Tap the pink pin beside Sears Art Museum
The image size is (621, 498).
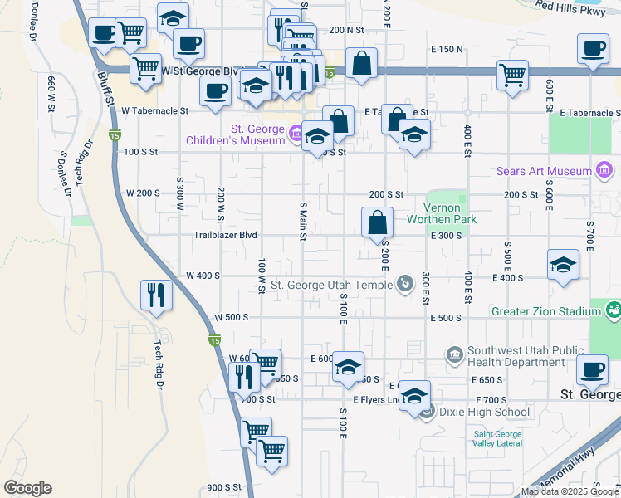click(x=605, y=172)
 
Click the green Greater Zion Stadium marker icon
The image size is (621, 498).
click(x=614, y=311)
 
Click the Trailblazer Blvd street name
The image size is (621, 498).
click(x=225, y=235)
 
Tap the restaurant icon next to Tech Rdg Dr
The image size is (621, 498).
click(x=156, y=293)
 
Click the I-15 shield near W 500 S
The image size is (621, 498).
click(x=213, y=340)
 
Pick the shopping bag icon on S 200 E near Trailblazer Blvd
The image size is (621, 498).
click(x=377, y=222)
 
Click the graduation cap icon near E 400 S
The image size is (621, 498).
click(x=563, y=265)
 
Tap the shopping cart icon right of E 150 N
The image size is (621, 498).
click(x=512, y=75)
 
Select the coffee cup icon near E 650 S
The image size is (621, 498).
click(x=591, y=369)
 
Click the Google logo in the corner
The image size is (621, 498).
click(x=27, y=488)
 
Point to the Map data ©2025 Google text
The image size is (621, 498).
click(x=570, y=492)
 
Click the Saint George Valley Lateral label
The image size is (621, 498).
click(x=498, y=438)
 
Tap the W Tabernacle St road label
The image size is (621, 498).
click(x=154, y=110)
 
